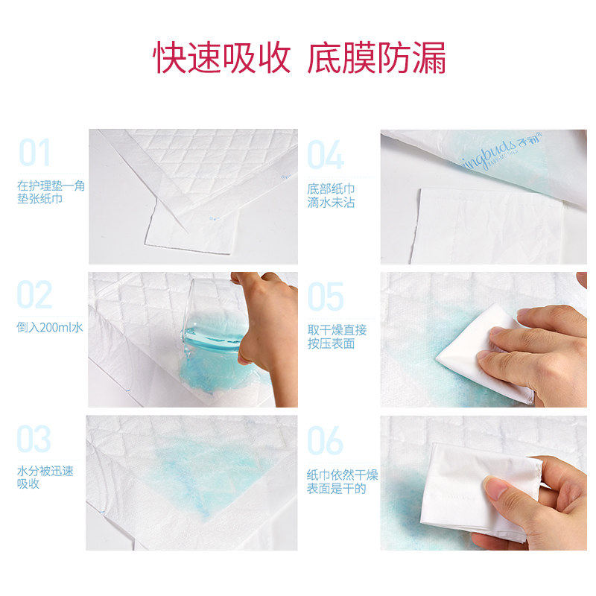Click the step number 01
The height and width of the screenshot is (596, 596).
pyautogui.click(x=34, y=153)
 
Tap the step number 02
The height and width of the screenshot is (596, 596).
pyautogui.click(x=34, y=296)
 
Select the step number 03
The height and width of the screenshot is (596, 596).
pyautogui.click(x=34, y=440)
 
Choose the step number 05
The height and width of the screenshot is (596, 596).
pyautogui.click(x=326, y=296)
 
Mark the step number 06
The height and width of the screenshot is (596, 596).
pyautogui.click(x=326, y=440)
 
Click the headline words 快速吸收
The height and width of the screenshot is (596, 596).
pyautogui.click(x=221, y=59)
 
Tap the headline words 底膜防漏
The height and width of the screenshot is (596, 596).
pyautogui.click(x=376, y=59)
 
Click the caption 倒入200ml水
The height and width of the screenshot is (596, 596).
pyautogui.click(x=50, y=327)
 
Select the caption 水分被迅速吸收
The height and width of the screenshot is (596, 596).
pyautogui.click(x=45, y=478)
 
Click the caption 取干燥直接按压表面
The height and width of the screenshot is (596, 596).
pyautogui.click(x=337, y=337)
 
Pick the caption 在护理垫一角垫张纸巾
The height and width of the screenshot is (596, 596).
pyautogui.click(x=51, y=192)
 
